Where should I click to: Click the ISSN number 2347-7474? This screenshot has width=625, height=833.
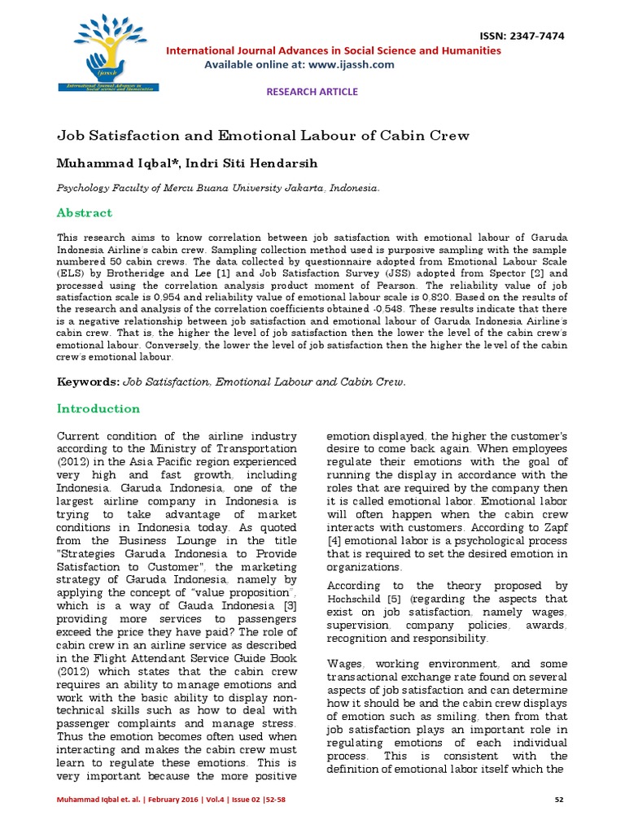click(535, 37)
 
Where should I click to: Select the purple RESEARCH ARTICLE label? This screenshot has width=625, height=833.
click(312, 91)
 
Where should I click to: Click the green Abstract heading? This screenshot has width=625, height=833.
click(84, 212)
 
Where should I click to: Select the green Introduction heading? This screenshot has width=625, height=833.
click(98, 408)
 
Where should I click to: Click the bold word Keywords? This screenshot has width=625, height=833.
click(88, 382)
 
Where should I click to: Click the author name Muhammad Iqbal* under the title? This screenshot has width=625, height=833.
click(116, 163)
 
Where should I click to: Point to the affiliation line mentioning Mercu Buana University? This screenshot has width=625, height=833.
click(217, 188)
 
